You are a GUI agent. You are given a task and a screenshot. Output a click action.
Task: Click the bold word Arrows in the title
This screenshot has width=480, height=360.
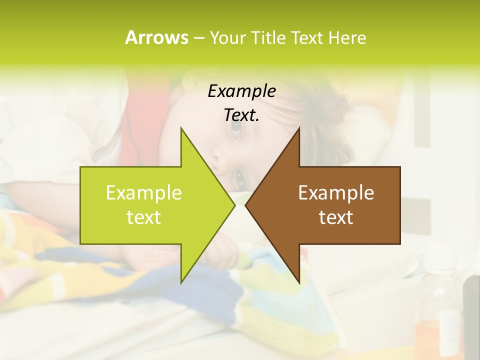[156, 37]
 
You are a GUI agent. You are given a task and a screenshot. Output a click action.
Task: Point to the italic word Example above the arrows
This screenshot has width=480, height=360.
[241, 91]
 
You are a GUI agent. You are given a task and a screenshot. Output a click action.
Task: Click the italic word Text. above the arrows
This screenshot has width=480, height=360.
[241, 115]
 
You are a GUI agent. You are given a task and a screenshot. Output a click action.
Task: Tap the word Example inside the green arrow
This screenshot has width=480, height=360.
[144, 192]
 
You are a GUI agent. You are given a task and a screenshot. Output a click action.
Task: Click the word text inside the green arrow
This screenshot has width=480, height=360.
[144, 217]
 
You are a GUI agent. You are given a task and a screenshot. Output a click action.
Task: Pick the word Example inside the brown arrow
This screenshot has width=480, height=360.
[336, 192]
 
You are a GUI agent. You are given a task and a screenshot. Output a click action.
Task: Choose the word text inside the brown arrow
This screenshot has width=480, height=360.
[336, 217]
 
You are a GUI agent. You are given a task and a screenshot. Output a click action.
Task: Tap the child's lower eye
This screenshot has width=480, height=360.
[239, 175]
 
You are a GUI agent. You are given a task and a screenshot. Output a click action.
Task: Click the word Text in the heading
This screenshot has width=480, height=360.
[307, 37]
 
